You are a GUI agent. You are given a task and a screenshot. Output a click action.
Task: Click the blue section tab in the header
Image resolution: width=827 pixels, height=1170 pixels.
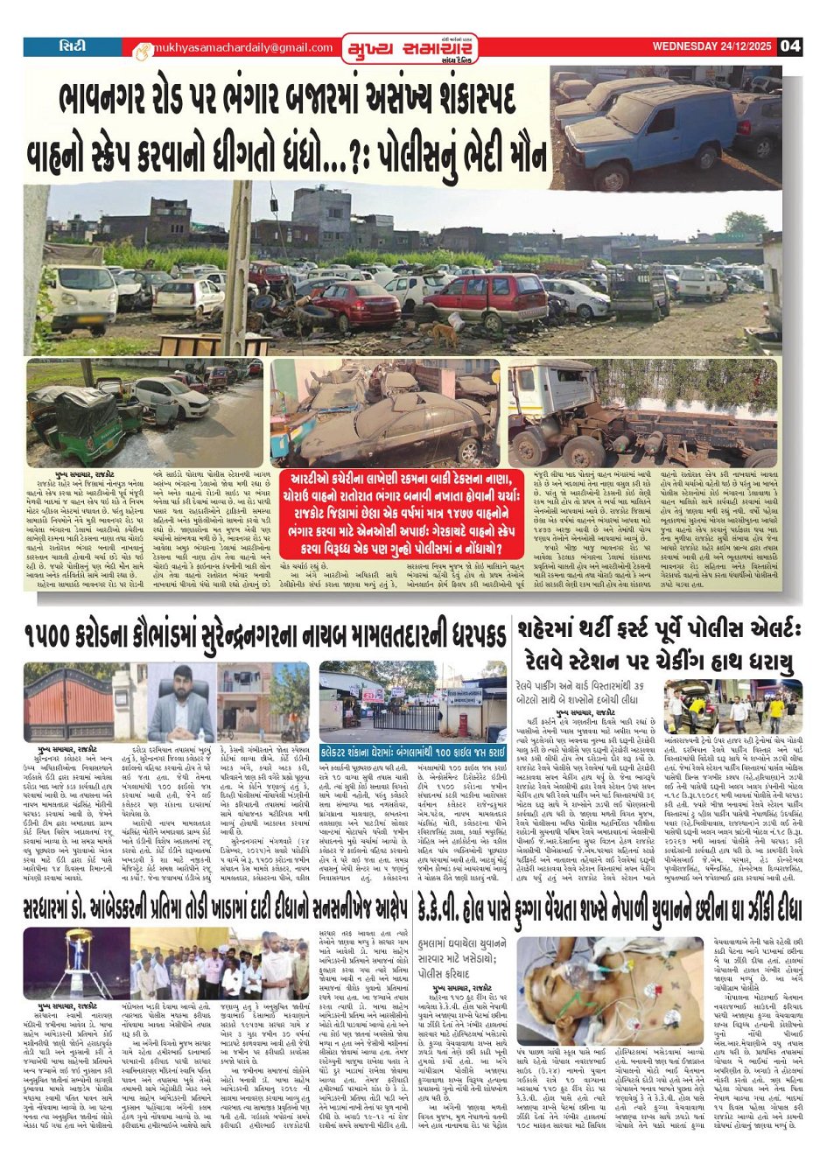74,46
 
